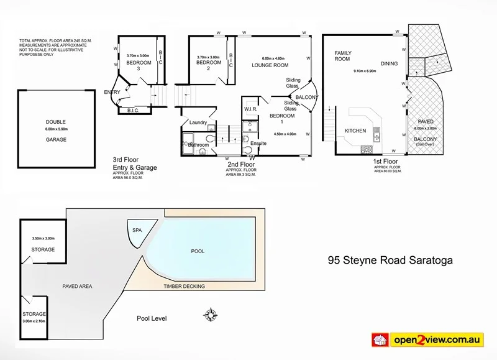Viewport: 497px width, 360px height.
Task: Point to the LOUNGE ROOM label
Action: [x=270, y=65]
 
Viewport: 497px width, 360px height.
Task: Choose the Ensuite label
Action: [x=259, y=143]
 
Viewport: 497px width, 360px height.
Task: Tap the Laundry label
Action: [x=198, y=122]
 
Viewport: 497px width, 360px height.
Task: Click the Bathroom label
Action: [x=198, y=144]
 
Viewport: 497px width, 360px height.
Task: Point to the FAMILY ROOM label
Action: [x=343, y=56]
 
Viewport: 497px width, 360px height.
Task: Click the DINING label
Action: [x=389, y=63]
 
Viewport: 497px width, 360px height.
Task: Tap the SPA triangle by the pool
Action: [x=137, y=229]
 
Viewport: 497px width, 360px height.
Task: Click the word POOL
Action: [x=198, y=251]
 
